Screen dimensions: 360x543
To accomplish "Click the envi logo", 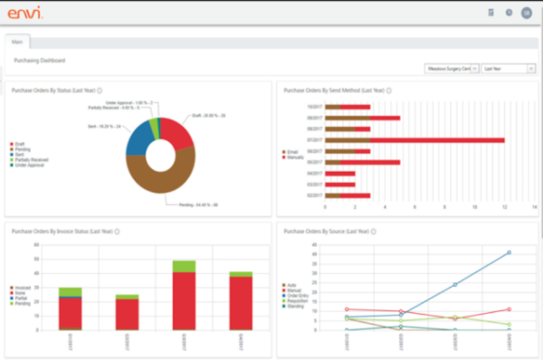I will [24, 13].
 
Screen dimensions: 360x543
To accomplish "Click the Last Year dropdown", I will [508, 68].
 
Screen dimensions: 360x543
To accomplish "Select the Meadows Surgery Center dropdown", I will [452, 68].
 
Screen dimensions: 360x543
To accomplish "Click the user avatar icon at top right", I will [526, 13].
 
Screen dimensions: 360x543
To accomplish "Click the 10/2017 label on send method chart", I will [314, 107].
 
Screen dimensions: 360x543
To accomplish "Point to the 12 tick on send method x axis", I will [503, 207].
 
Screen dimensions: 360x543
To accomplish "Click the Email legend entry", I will [292, 151].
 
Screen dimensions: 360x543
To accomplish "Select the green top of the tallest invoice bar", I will [184, 266].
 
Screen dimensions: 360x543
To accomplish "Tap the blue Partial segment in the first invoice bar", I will [69, 297].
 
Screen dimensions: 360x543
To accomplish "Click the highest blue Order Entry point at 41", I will [509, 252].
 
